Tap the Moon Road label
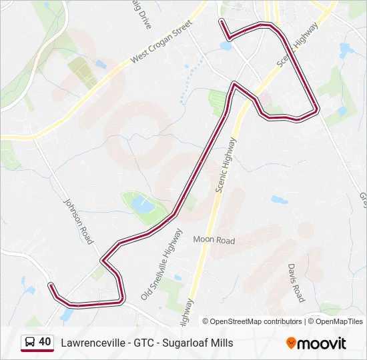214,239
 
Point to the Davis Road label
296,282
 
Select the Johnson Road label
78,220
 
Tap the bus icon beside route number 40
29,343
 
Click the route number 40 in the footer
45,342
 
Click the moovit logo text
322,344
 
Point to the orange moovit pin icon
291,343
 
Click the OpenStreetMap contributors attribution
252,321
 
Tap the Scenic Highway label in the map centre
225,165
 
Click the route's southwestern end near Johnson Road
50,285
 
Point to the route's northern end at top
221,21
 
